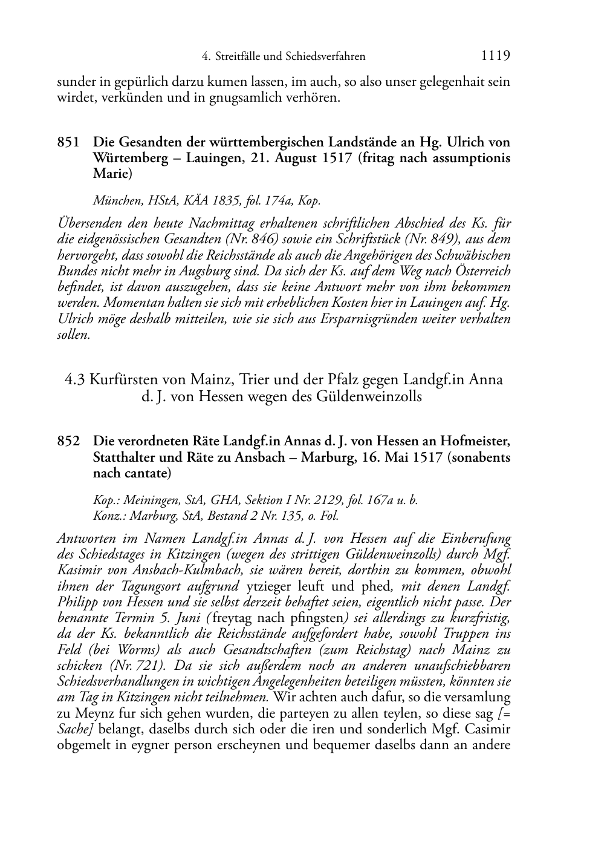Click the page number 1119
(x=495, y=56)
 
